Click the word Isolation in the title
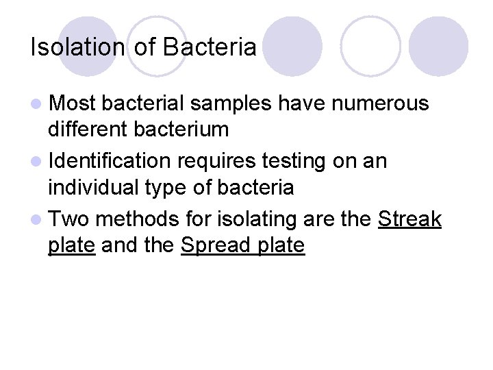pos(77,47)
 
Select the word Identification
pos(110,161)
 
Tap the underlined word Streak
pos(409,219)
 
